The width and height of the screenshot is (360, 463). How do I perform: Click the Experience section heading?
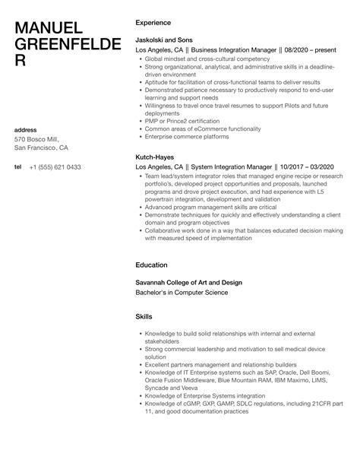[153, 22]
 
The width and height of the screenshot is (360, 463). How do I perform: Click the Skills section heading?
[144, 316]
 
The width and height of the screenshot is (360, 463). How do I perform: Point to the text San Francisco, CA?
[42, 148]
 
